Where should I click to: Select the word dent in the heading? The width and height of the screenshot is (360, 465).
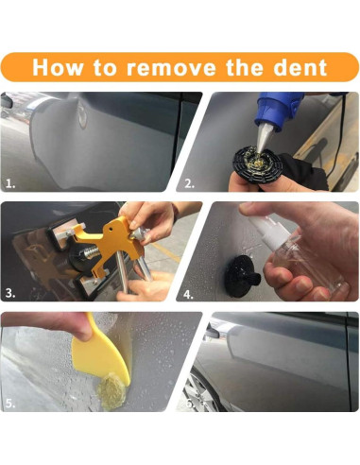pos(296,67)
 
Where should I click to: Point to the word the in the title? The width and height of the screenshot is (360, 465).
pos(244,67)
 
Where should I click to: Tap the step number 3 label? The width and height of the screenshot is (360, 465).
pos(10,294)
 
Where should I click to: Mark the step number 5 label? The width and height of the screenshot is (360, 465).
pos(10,404)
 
